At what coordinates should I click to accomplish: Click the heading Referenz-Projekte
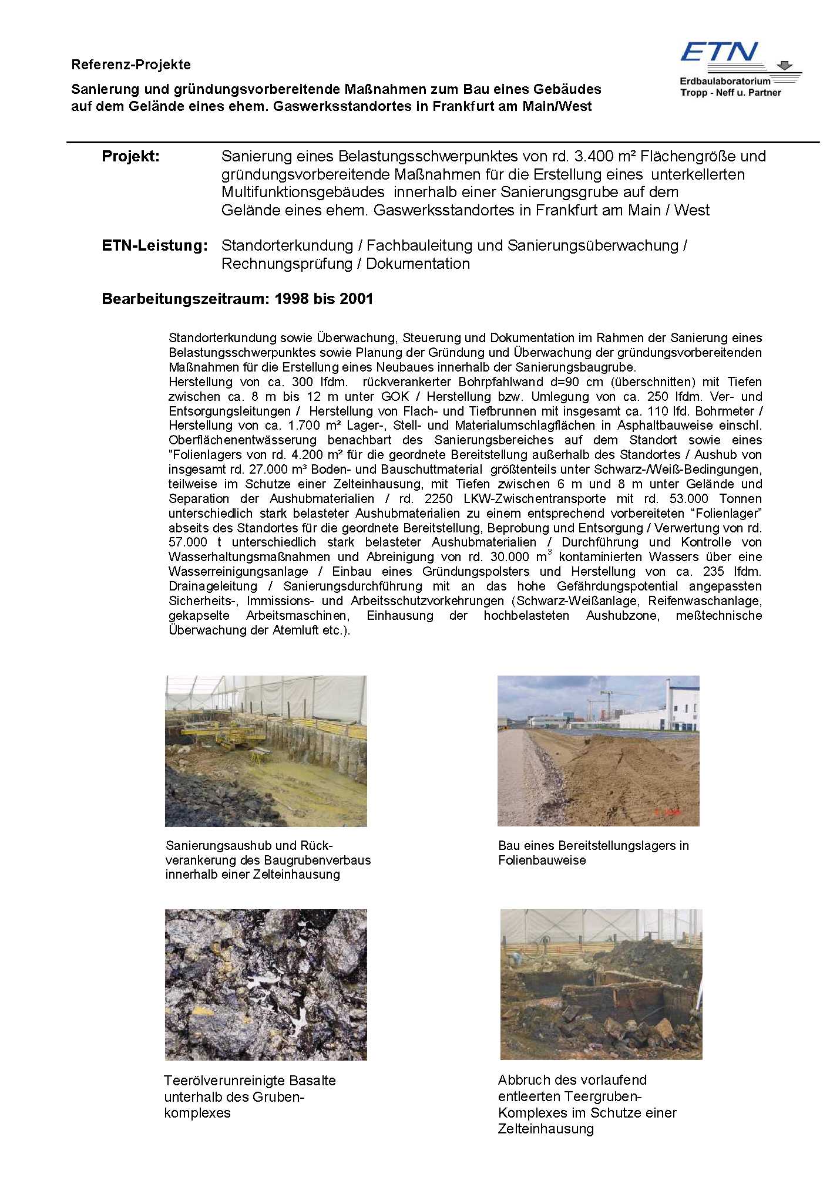pyautogui.click(x=131, y=65)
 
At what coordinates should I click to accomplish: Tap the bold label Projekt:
pyautogui.click(x=130, y=157)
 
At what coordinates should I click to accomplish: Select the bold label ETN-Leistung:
pyautogui.click(x=154, y=246)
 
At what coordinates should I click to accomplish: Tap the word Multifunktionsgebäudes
pyautogui.click(x=303, y=193)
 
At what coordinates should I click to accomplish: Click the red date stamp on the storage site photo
pyautogui.click(x=667, y=812)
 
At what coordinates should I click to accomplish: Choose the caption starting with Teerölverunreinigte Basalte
pyautogui.click(x=250, y=1096)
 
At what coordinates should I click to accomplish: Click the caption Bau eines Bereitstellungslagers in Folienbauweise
pyautogui.click(x=593, y=853)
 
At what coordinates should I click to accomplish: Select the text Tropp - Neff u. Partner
pyautogui.click(x=730, y=92)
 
